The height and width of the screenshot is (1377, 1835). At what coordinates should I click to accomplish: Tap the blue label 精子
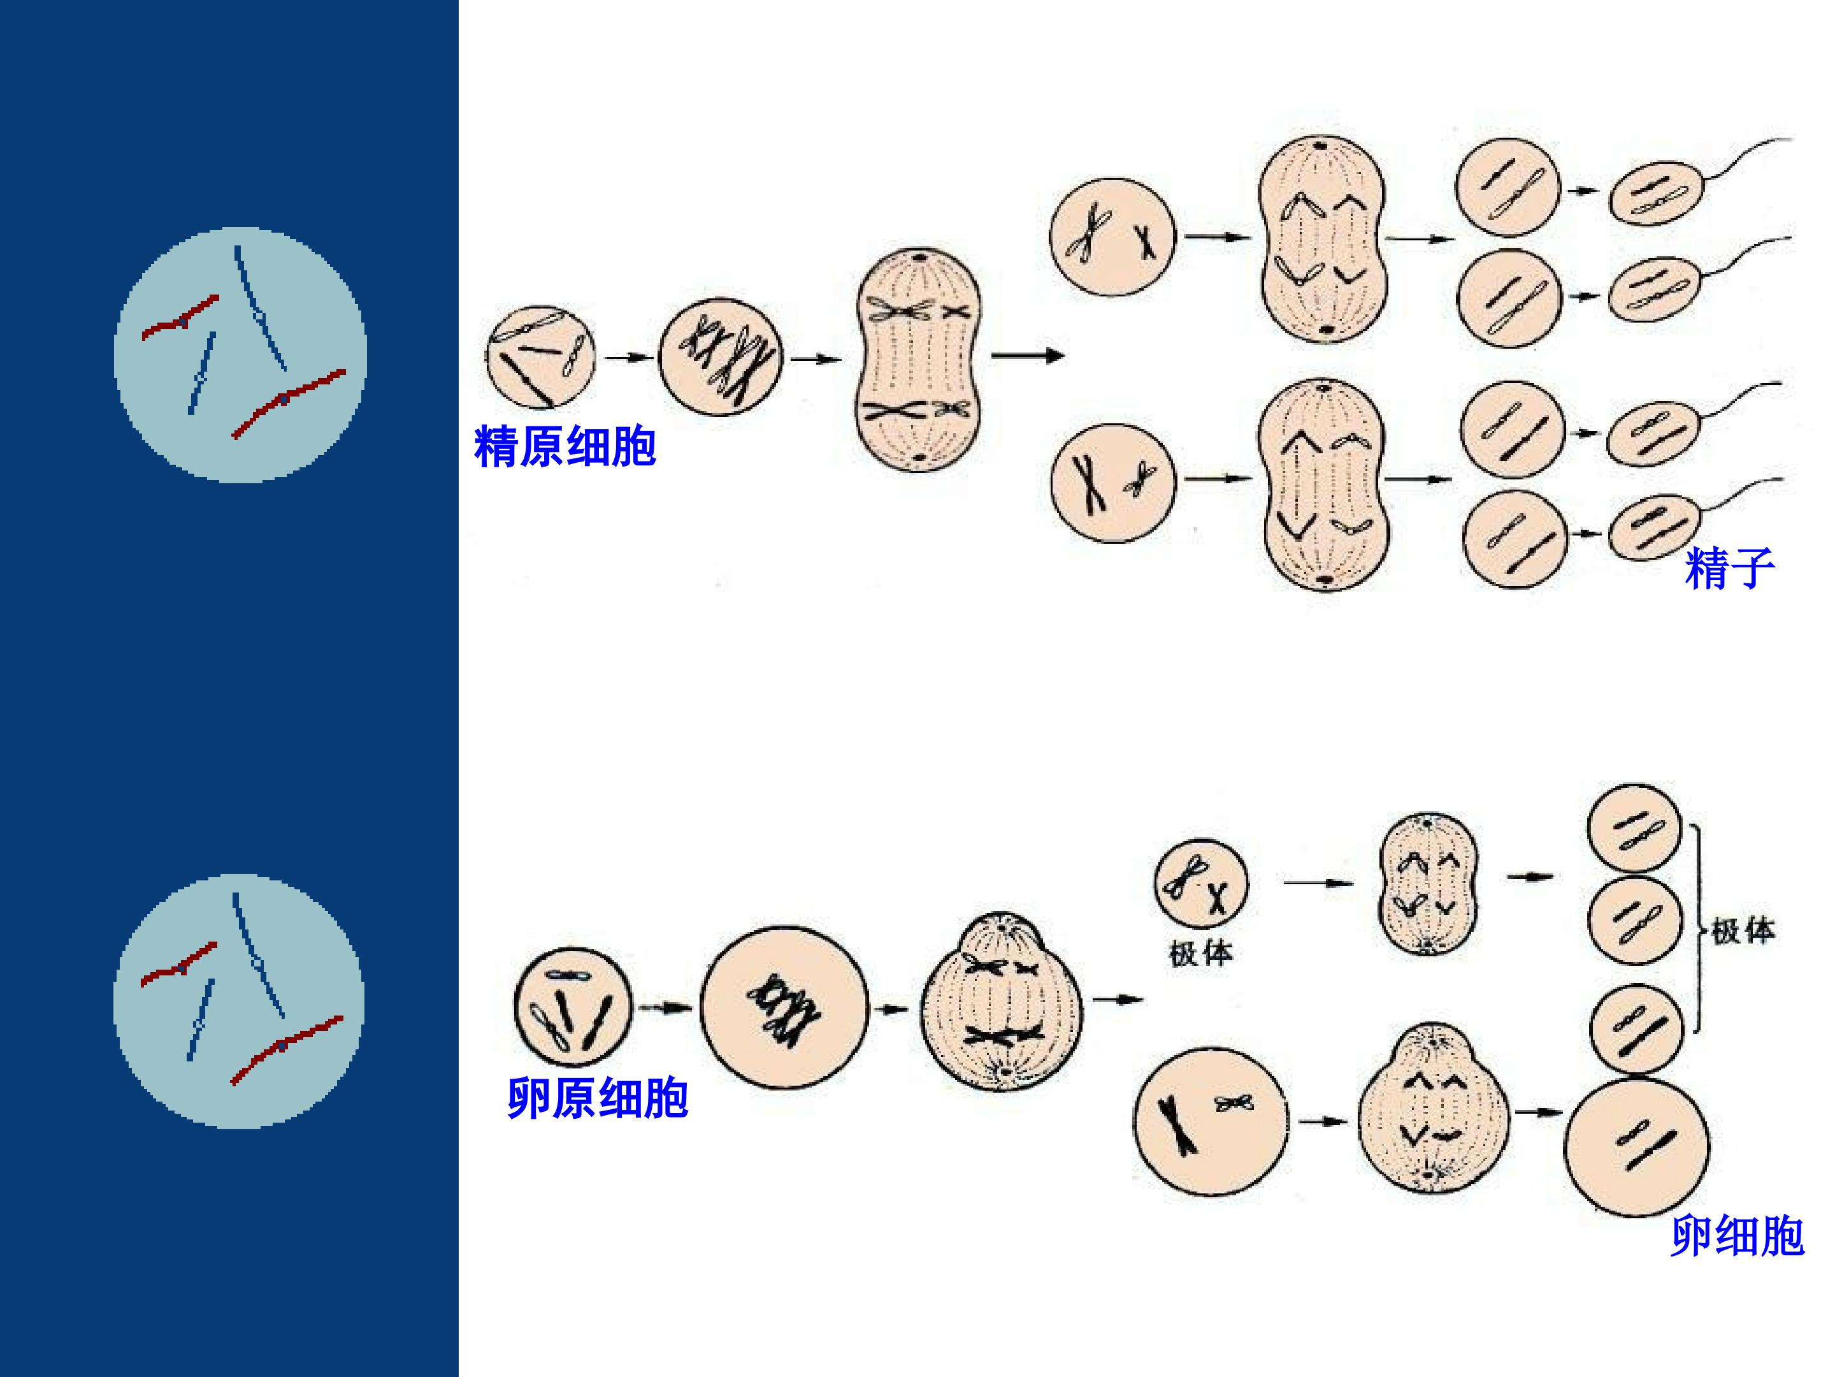1730,569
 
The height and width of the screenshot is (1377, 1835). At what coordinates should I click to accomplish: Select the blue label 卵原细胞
597,1098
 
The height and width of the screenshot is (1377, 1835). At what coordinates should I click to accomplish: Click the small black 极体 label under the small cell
1200,954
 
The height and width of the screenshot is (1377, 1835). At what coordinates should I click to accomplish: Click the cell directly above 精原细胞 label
540,358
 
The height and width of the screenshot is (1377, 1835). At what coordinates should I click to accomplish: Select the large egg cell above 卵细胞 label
1637,1146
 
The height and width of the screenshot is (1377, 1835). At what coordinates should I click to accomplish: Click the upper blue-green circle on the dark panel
240,354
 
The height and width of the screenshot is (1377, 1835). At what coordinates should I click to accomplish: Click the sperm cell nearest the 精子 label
1653,528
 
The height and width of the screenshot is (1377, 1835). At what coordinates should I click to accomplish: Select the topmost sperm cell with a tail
1657,192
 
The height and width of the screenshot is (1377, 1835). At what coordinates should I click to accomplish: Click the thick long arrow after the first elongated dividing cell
1028,356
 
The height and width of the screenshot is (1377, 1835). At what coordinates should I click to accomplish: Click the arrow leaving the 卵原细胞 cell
665,1008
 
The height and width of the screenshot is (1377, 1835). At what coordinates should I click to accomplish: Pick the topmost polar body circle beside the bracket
1634,828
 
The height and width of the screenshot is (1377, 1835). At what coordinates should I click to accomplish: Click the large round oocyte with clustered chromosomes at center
784,1007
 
